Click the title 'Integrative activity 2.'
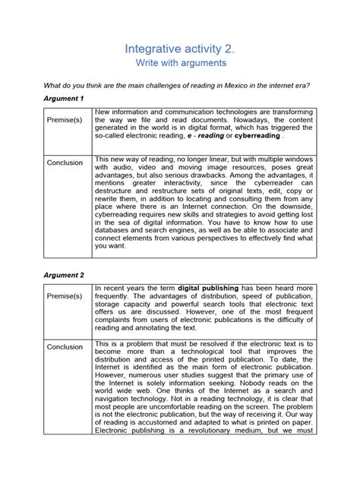180,49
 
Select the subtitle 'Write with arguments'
180,65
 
